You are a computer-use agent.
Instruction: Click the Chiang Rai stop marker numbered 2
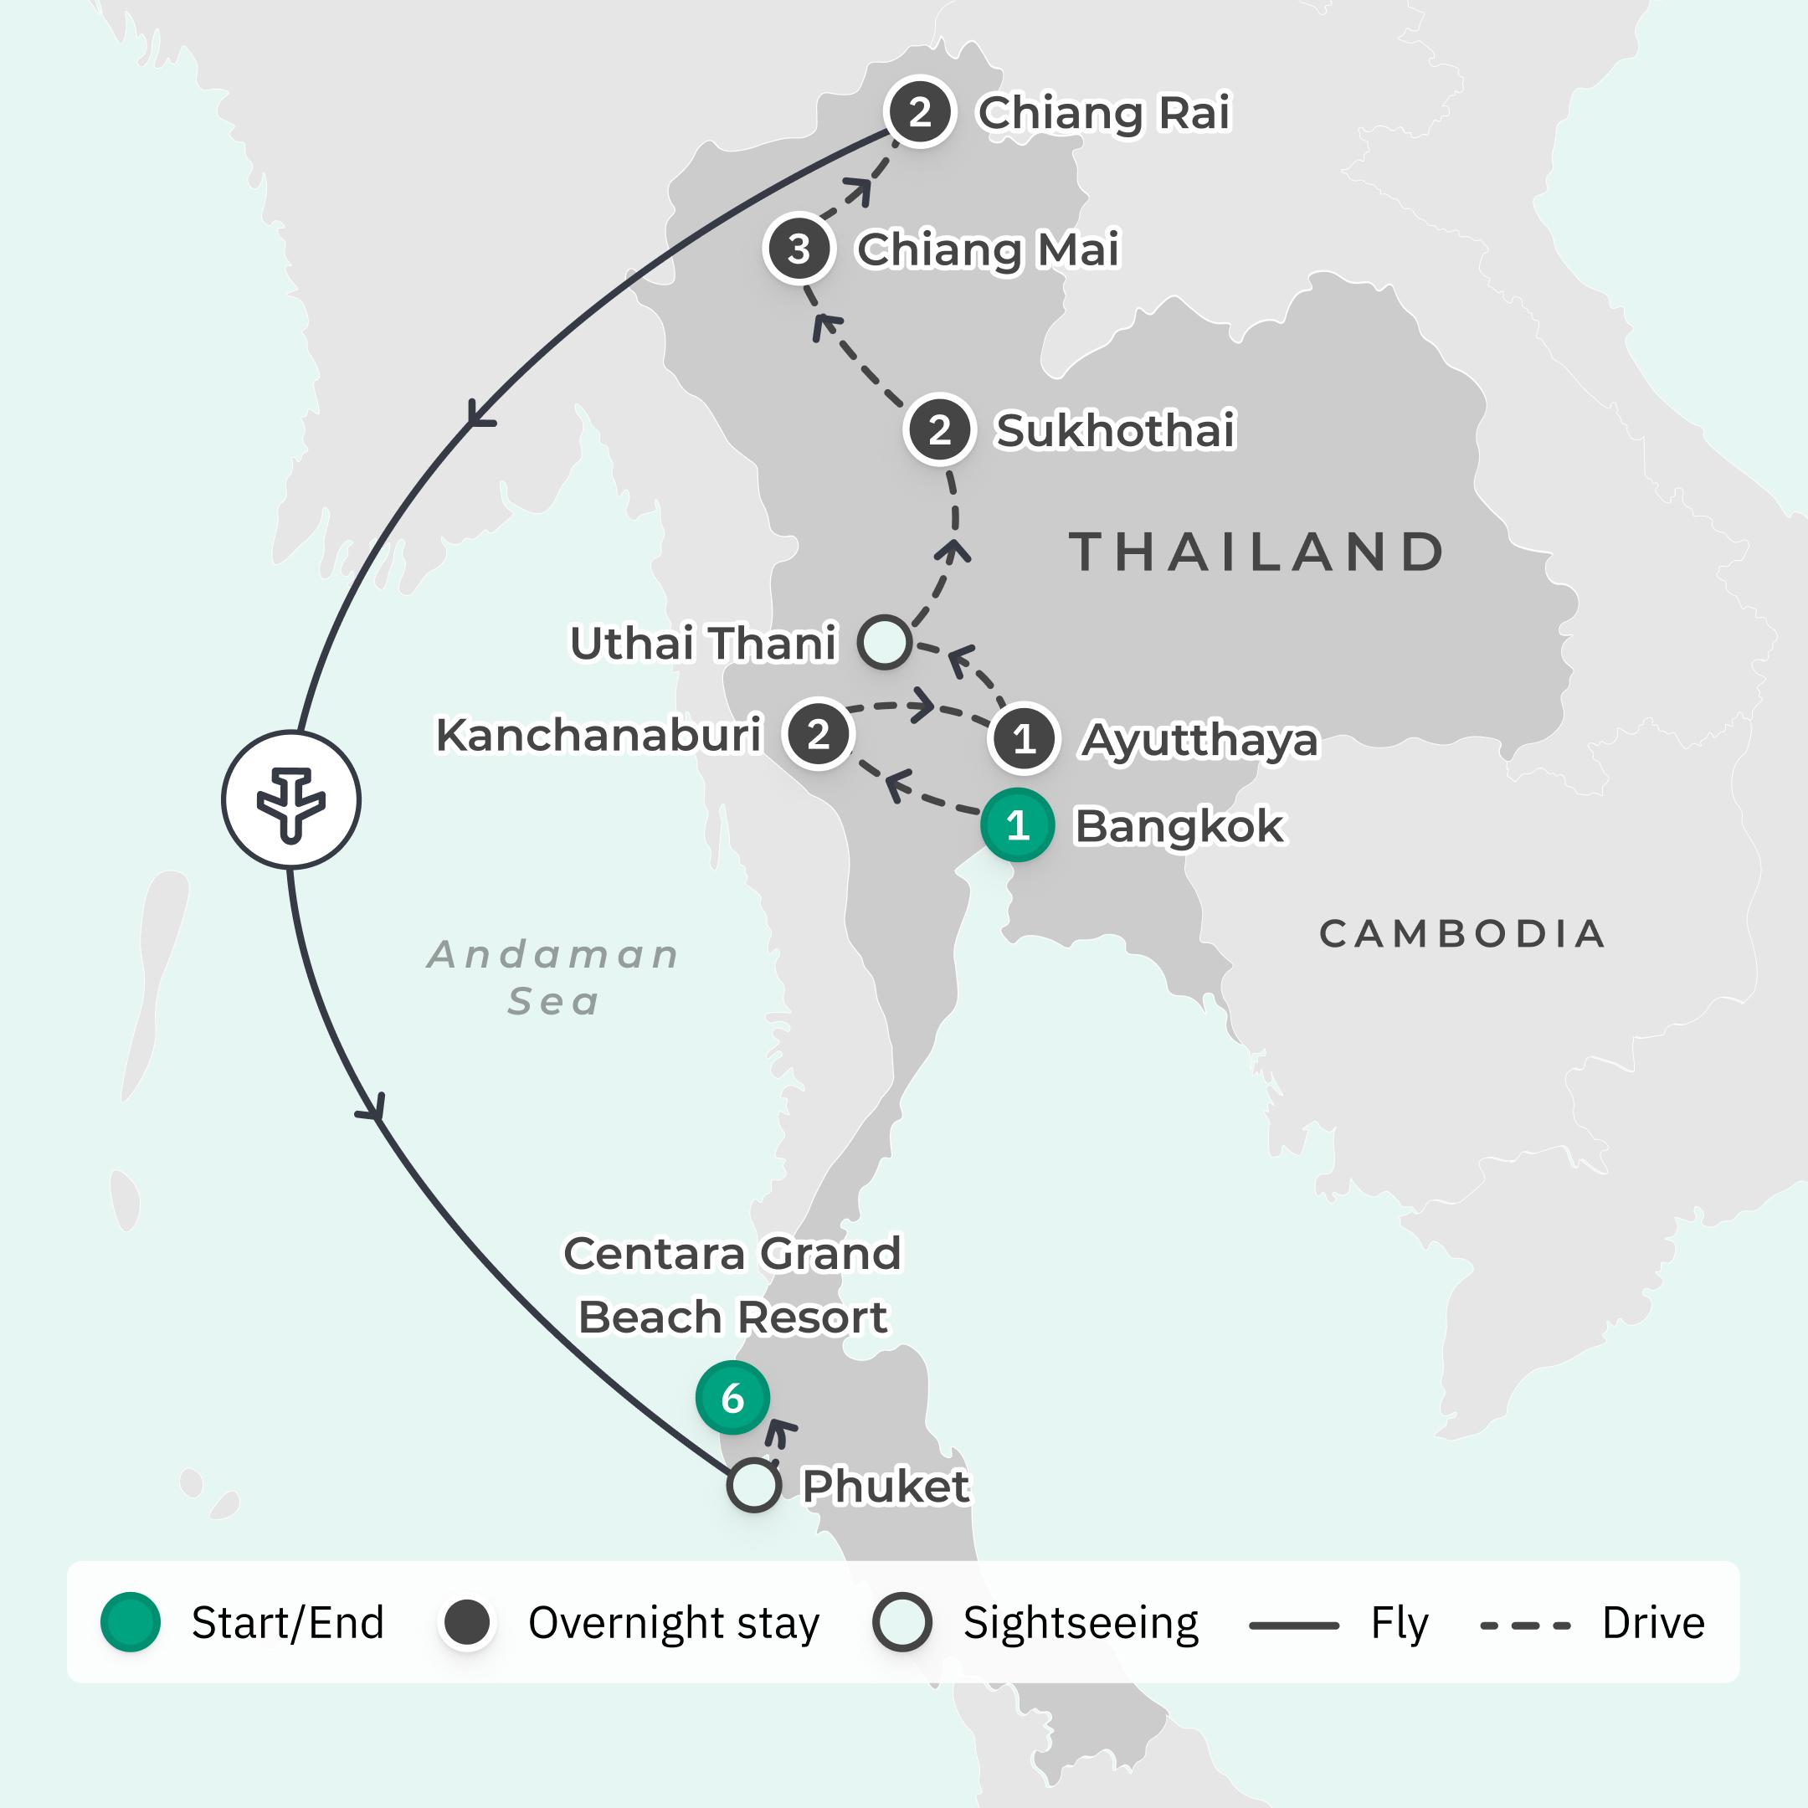[919, 112]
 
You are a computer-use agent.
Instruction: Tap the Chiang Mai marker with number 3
[799, 249]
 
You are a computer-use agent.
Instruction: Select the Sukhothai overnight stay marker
[938, 430]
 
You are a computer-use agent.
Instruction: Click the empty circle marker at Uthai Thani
[885, 642]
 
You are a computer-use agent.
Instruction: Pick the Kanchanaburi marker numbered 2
[819, 735]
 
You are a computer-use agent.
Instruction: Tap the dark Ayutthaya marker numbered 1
[1024, 738]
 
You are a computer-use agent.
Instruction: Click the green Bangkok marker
[1017, 825]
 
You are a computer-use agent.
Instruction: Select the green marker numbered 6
[732, 1398]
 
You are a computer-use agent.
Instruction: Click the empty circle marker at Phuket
[753, 1485]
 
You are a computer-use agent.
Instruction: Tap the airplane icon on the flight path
[291, 801]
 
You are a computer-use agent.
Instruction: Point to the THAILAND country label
[1256, 552]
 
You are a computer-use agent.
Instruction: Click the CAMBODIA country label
[1461, 933]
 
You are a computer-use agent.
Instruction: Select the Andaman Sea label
[553, 978]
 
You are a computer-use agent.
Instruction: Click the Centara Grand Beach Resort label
[732, 1285]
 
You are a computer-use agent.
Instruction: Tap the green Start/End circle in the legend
[131, 1622]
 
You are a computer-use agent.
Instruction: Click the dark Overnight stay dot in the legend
[466, 1622]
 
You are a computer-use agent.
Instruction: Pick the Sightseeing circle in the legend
[902, 1622]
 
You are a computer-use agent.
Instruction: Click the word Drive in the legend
[1652, 1623]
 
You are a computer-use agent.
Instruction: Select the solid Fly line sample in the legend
[1293, 1626]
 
